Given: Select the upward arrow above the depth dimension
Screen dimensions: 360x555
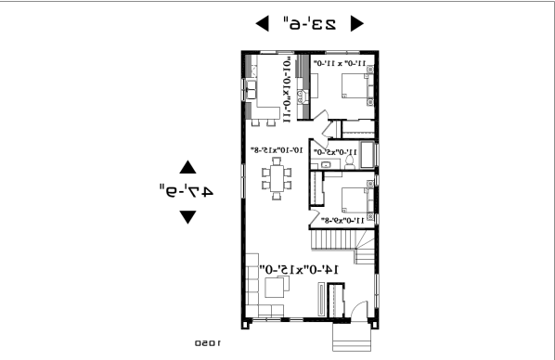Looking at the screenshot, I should [x=188, y=168].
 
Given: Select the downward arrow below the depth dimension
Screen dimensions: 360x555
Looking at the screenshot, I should [x=188, y=218].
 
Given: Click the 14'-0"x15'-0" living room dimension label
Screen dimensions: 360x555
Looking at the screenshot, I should [x=296, y=269].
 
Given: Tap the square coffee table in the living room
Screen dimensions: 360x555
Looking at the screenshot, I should [x=273, y=289].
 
